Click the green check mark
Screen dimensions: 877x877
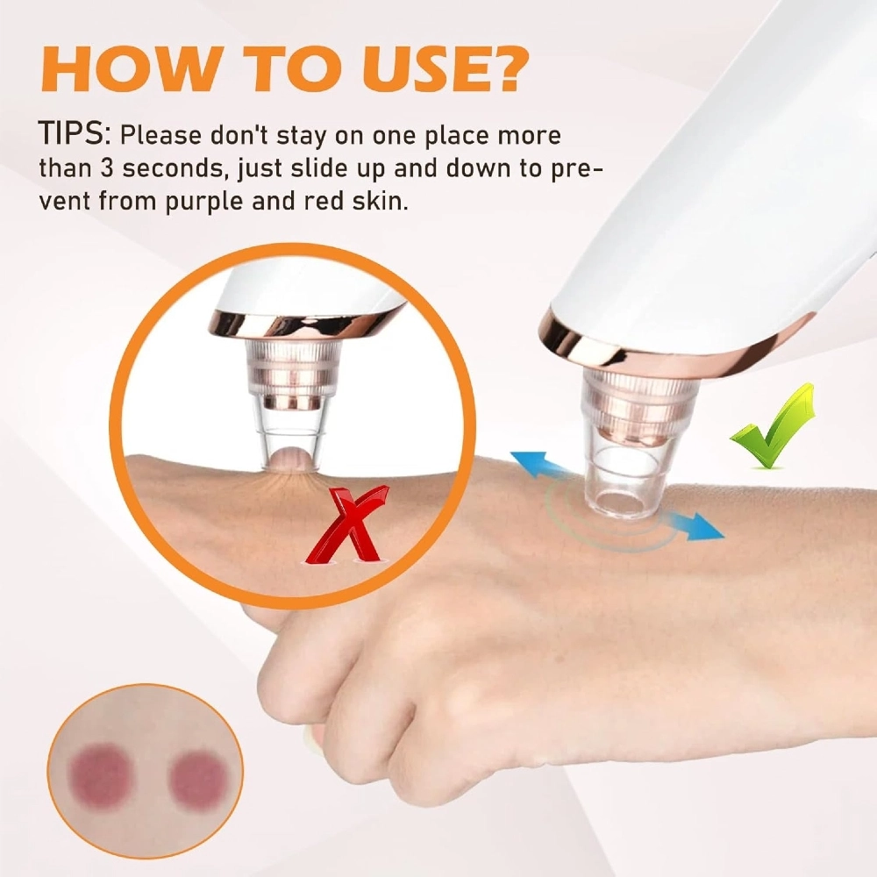pyautogui.click(x=772, y=426)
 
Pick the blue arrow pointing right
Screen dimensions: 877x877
pyautogui.click(x=693, y=525)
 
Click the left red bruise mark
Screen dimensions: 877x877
pyautogui.click(x=103, y=774)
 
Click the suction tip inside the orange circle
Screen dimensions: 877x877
pyautogui.click(x=290, y=403)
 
